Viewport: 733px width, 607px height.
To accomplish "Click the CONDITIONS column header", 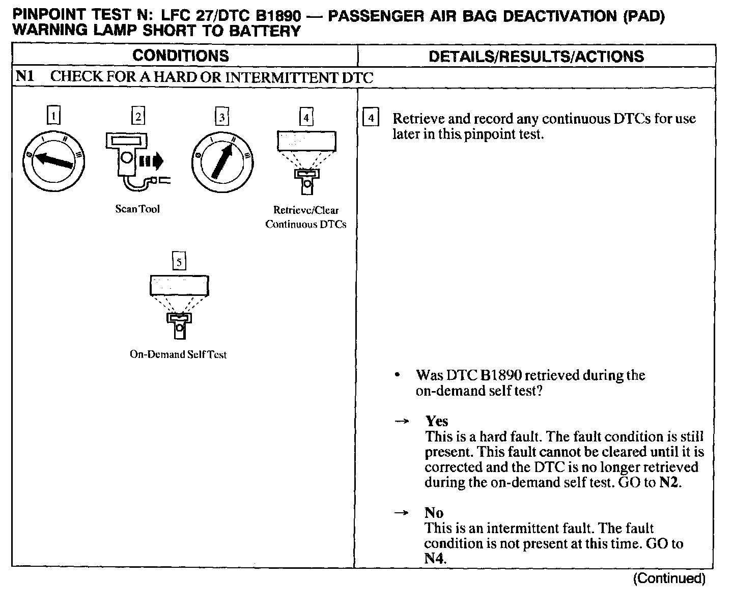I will click(180, 56).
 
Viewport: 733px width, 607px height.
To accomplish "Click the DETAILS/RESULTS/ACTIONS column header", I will click(536, 56).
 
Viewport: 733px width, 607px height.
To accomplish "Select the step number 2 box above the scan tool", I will click(138, 117).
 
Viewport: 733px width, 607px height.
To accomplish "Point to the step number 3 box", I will click(221, 118).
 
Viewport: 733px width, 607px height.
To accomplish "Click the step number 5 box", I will click(179, 262).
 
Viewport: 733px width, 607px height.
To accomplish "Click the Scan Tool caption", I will click(137, 209).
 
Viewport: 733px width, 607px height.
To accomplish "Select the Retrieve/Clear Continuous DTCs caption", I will click(306, 217).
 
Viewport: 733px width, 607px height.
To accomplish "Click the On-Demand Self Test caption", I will click(178, 354).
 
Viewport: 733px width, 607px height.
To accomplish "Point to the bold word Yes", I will click(437, 421).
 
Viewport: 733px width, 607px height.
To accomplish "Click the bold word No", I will click(434, 513).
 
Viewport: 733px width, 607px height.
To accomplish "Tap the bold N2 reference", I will click(669, 482).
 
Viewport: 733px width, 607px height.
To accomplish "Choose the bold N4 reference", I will click(434, 559).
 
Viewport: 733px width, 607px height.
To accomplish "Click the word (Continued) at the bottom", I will click(669, 578).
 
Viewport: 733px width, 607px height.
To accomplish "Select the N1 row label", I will click(25, 77).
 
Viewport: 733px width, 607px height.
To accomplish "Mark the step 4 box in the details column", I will click(371, 119).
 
